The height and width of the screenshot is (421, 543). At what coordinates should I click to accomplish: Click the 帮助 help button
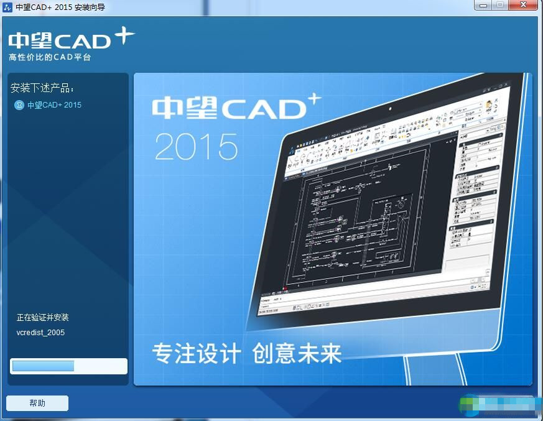[x=37, y=403]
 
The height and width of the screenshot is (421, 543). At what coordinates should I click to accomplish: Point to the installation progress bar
[x=68, y=366]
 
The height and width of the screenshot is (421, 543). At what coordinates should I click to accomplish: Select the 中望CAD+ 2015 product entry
[x=54, y=105]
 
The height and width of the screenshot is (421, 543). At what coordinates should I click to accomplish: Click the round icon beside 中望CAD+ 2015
[x=19, y=105]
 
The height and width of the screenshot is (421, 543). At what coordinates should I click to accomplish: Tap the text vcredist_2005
[x=40, y=333]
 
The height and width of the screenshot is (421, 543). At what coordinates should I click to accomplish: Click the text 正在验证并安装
[x=42, y=318]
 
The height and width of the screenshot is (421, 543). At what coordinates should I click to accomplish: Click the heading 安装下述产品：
[x=42, y=88]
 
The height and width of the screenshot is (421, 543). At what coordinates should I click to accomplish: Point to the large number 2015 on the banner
[x=196, y=147]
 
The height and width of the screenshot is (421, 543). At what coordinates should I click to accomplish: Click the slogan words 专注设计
[x=196, y=354]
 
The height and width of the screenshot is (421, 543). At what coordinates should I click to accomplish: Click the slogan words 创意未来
[x=297, y=354]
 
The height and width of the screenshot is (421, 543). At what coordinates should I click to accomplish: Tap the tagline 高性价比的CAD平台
[x=50, y=58]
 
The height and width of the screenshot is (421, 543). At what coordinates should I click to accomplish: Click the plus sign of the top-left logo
[x=124, y=36]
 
